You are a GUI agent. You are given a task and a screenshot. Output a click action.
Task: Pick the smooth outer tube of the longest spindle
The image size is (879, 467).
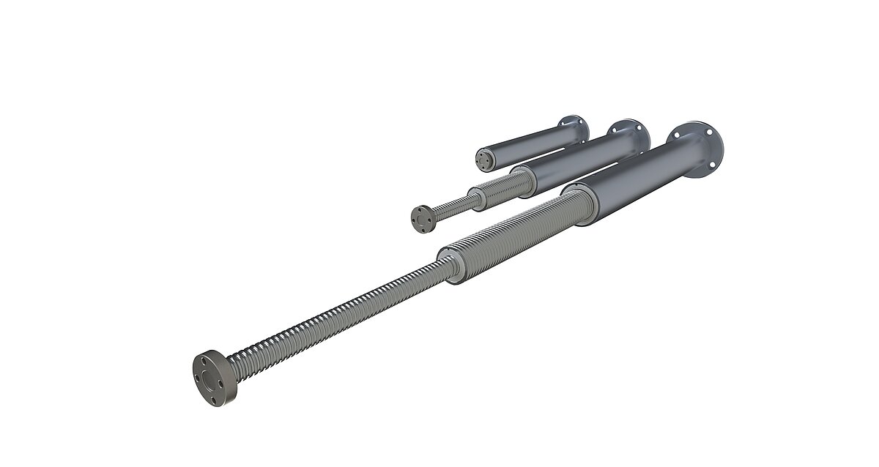click(630, 183)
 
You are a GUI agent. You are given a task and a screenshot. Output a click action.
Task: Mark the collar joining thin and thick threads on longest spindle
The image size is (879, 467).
click(453, 264)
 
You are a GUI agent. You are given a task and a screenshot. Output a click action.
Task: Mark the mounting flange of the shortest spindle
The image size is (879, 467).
click(575, 129)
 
